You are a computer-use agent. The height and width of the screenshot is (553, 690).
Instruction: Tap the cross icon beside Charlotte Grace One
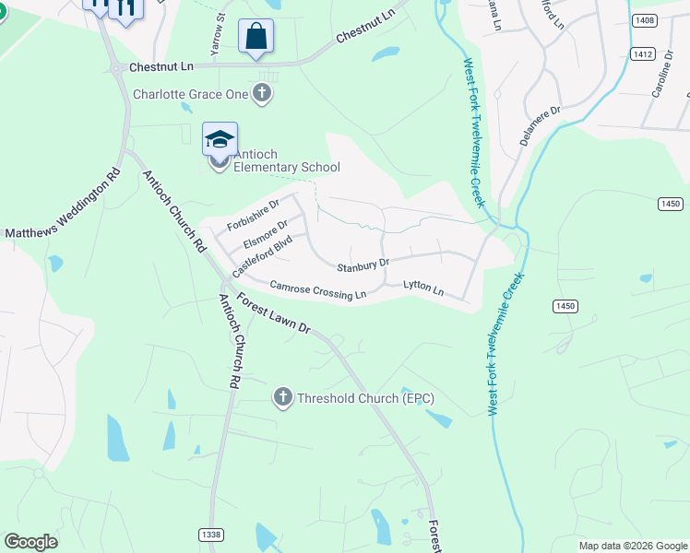tap(262, 93)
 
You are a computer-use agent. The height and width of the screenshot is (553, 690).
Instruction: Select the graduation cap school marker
tap(220, 140)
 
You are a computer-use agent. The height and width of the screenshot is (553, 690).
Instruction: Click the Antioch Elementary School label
tap(286, 160)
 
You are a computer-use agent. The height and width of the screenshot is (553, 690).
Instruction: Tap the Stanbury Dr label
tap(363, 266)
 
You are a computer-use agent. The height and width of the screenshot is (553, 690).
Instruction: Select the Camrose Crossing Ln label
tap(317, 289)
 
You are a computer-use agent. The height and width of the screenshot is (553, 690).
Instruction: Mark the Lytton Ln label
tap(423, 288)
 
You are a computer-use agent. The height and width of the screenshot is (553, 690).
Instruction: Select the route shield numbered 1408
tap(645, 19)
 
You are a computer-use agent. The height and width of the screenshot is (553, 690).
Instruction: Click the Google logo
tap(30, 542)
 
